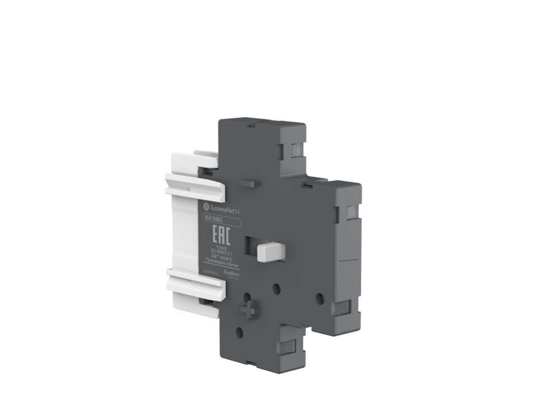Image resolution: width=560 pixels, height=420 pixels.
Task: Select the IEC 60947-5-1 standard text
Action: coord(221,251)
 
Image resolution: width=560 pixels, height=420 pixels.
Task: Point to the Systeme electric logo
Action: coord(232,272)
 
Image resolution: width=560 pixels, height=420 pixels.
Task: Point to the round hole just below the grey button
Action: coord(276,287)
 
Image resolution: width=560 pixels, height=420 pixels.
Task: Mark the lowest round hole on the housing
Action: coord(240,332)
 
